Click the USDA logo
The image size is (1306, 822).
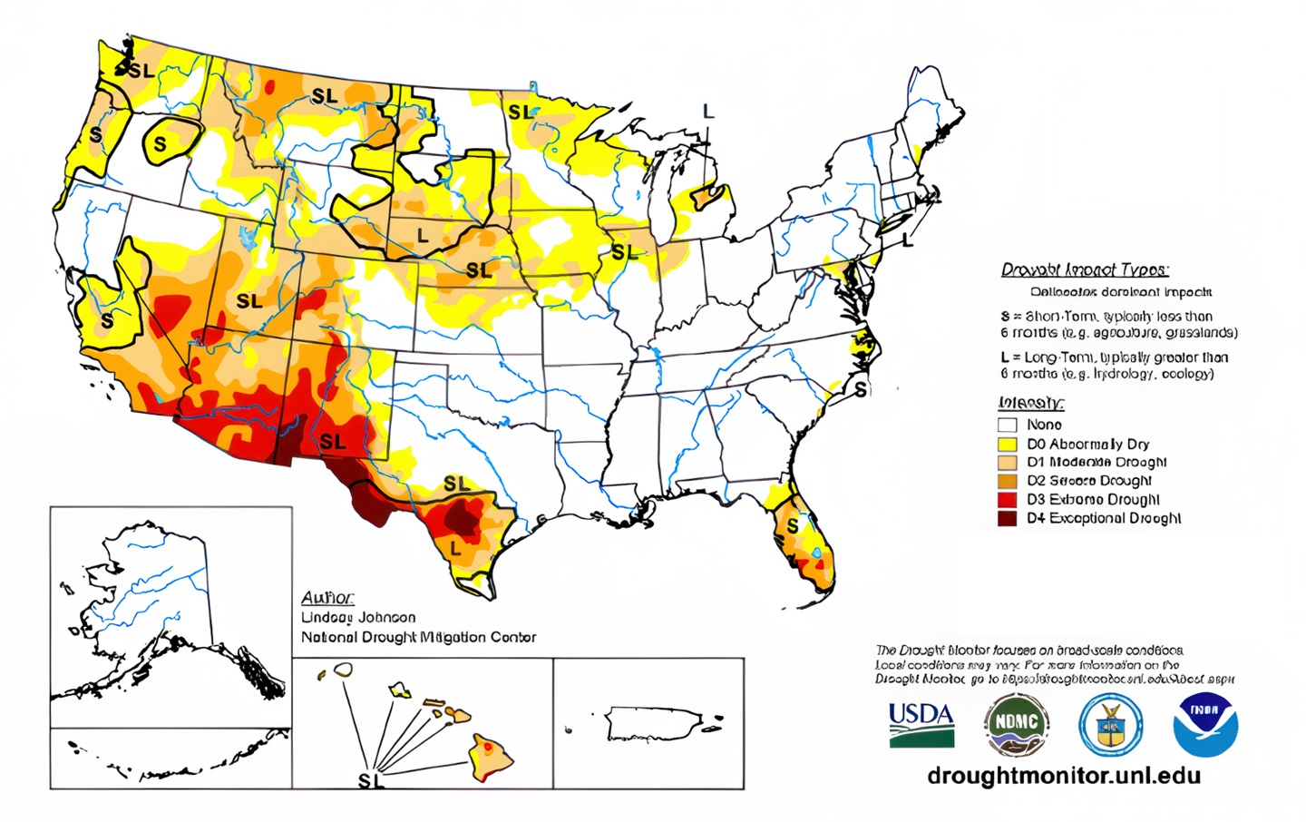(921, 725)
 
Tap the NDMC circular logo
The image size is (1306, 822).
(1017, 725)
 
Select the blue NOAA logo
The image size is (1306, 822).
(1205, 725)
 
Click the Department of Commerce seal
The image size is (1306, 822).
(1110, 725)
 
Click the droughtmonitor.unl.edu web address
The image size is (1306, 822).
(1064, 776)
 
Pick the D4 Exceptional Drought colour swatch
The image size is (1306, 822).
(1007, 519)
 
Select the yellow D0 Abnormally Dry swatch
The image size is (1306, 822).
(1007, 445)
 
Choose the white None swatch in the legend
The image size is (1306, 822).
(1007, 425)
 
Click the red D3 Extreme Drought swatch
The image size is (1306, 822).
(1007, 500)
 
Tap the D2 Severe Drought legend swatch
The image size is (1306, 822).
(1007, 481)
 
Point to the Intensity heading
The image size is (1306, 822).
(1031, 403)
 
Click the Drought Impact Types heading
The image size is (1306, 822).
(1085, 269)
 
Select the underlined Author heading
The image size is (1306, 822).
(326, 598)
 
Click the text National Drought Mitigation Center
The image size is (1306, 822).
(418, 637)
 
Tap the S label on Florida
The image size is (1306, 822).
(793, 526)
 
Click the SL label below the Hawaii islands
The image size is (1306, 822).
(371, 780)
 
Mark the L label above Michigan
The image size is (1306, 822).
(708, 112)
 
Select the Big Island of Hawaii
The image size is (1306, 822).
(491, 758)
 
